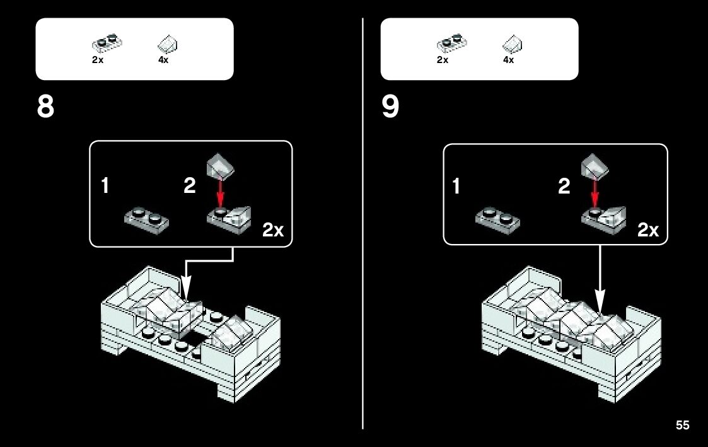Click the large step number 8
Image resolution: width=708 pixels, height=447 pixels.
click(46, 107)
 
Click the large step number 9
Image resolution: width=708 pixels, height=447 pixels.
click(390, 107)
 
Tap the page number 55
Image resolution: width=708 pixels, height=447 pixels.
click(682, 426)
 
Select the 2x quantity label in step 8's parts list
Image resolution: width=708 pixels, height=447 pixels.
click(98, 61)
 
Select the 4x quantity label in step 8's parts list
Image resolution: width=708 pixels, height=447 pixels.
click(163, 61)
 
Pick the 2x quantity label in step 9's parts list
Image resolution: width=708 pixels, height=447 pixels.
click(443, 61)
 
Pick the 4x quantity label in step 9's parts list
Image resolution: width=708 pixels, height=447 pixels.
click(508, 61)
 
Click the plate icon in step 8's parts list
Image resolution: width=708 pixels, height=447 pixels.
click(107, 43)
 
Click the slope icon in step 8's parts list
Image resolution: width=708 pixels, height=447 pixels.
click(168, 45)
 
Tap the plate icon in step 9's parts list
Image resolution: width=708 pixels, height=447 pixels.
click(451, 43)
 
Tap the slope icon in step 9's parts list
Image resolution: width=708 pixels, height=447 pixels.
click(513, 45)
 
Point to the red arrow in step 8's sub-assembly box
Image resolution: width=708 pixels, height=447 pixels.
click(220, 192)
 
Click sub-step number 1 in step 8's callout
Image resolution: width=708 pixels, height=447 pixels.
click(107, 187)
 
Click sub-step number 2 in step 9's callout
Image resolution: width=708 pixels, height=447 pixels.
click(564, 187)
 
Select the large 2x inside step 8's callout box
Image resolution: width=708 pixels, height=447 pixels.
click(273, 231)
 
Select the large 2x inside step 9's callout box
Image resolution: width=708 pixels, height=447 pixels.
click(647, 231)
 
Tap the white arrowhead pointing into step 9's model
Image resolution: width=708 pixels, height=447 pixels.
click(600, 303)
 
